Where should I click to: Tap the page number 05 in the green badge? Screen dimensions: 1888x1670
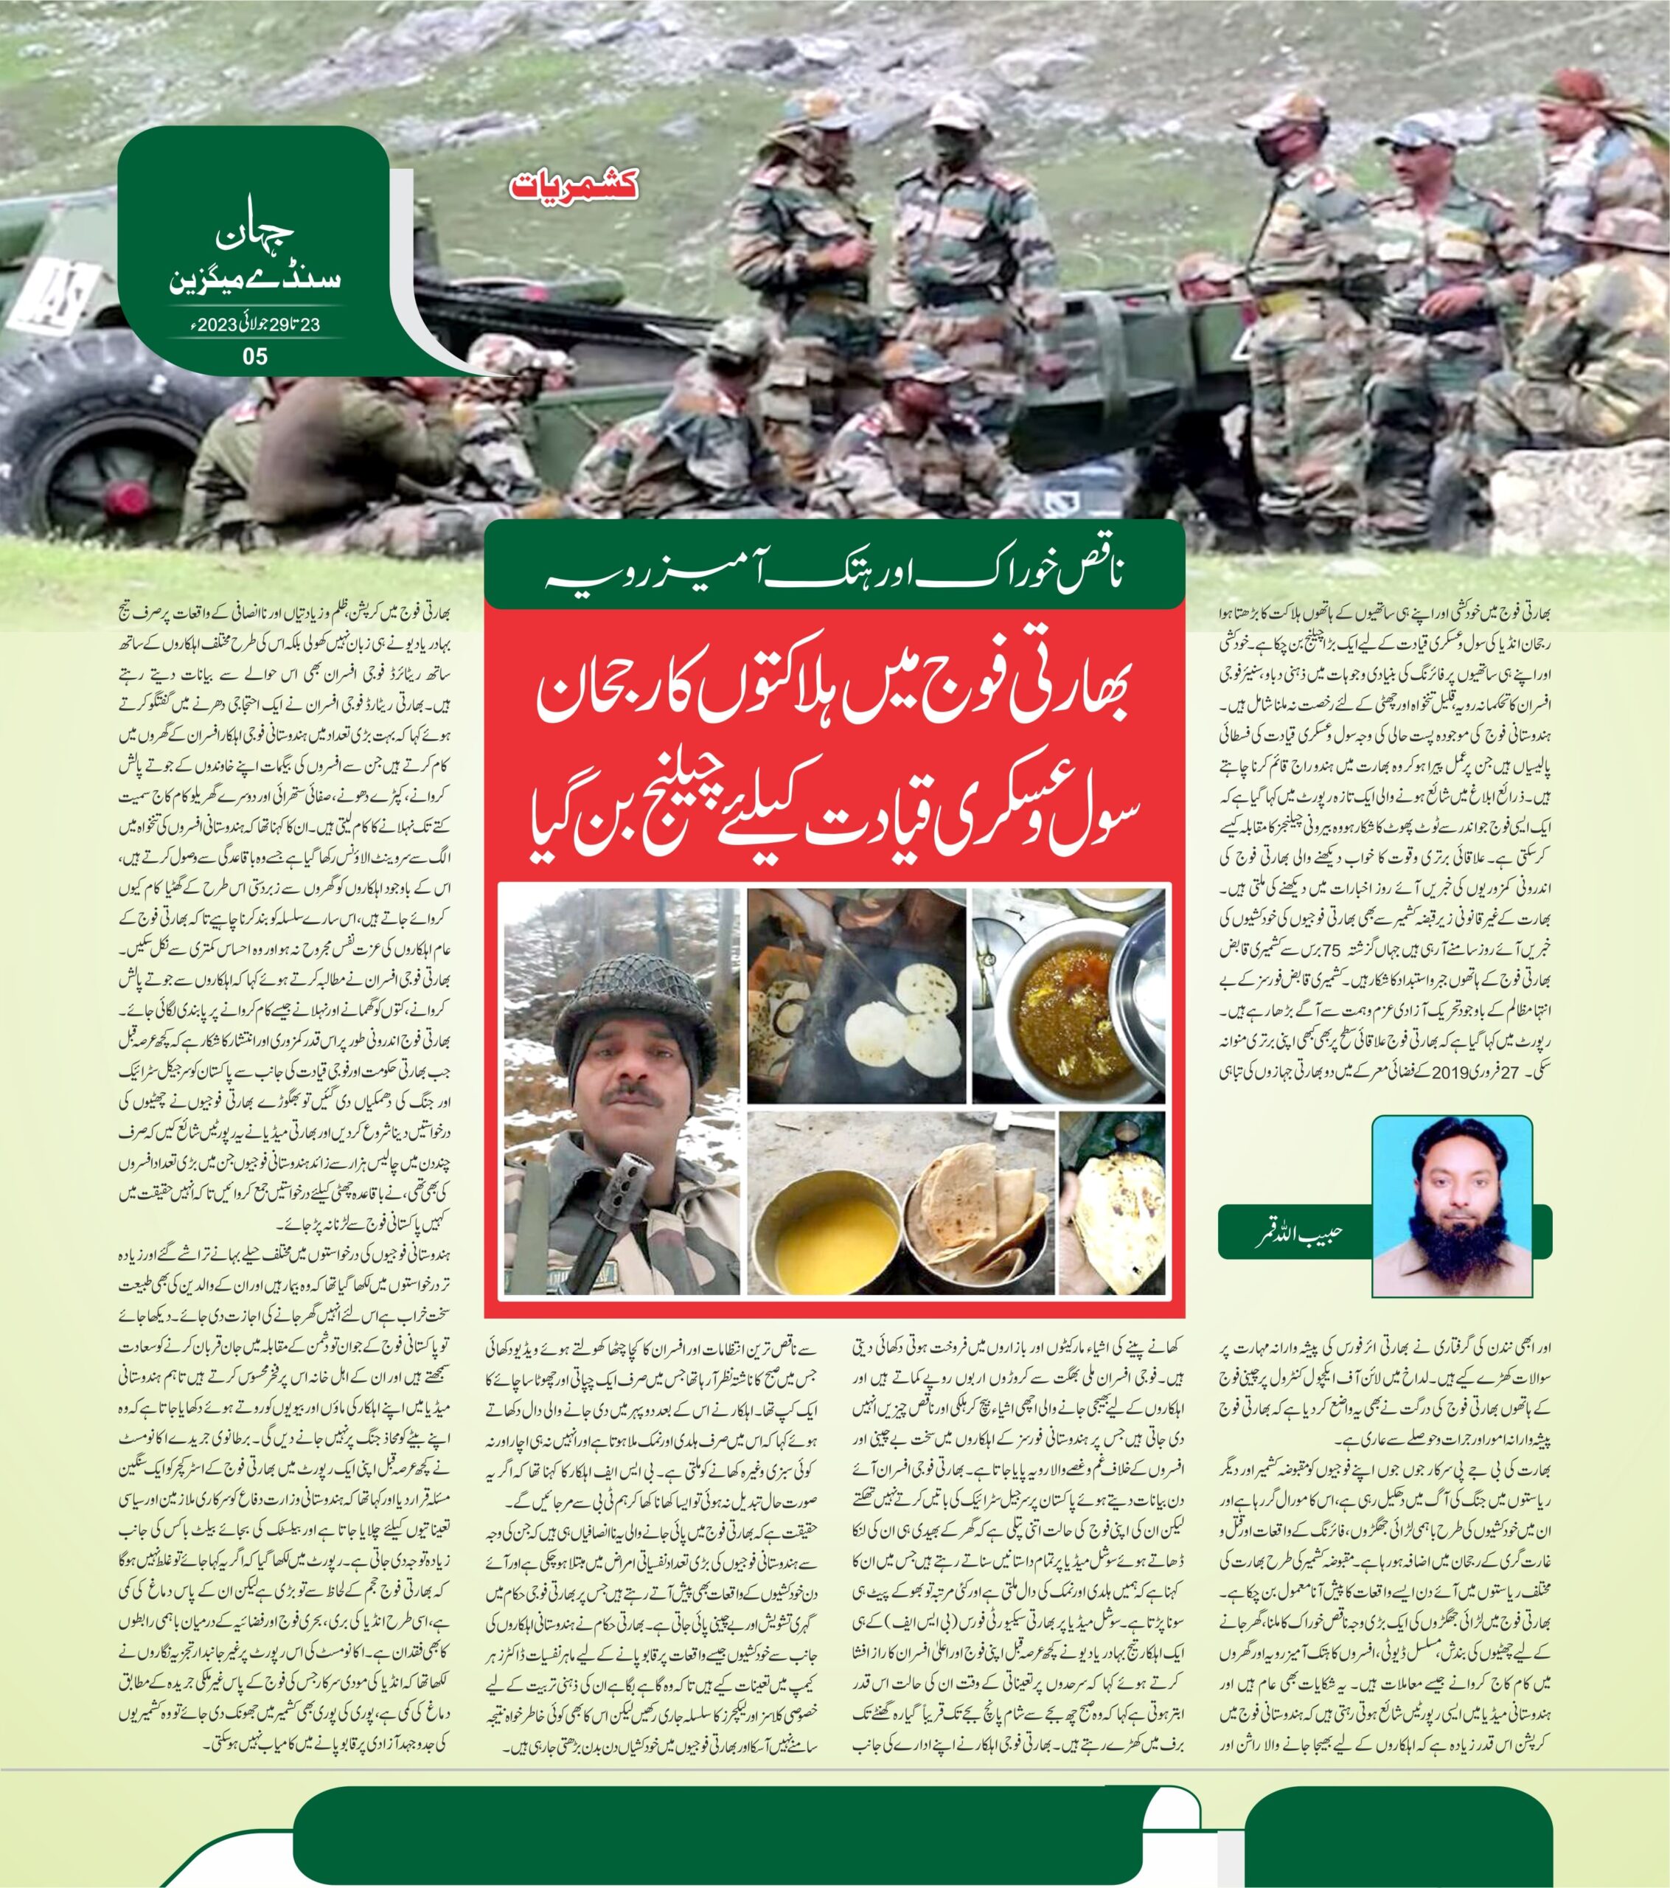tap(255, 355)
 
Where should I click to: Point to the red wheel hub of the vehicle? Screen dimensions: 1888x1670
tap(120, 499)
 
